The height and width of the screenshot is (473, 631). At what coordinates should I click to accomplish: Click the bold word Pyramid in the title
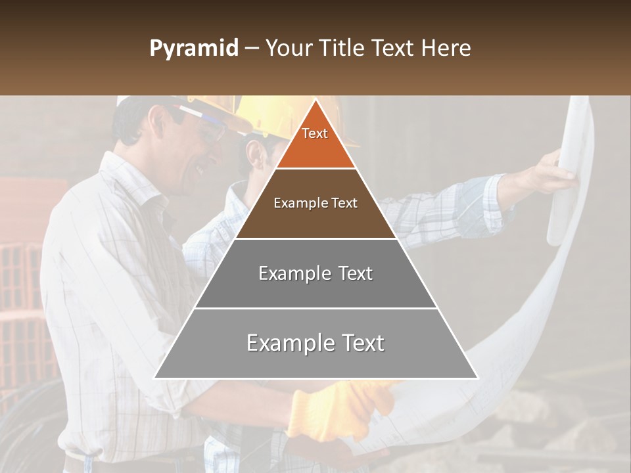coord(194,49)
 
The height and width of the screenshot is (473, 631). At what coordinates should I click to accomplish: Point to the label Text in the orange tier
coord(315,133)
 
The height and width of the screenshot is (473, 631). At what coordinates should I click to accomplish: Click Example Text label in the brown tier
coord(315,203)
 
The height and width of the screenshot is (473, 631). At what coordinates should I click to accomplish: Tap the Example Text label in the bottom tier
coord(315,343)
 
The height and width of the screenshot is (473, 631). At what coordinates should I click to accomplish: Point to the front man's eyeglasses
coord(204,128)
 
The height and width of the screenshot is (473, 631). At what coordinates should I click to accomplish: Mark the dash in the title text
coord(252,49)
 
